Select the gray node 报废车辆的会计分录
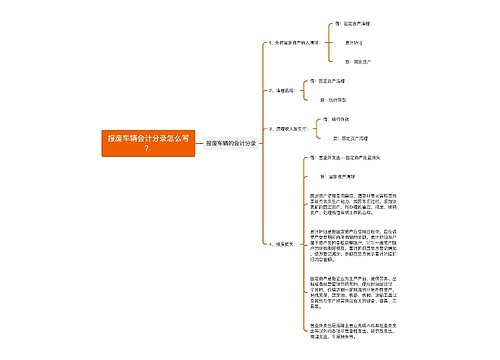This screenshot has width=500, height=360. [231, 144]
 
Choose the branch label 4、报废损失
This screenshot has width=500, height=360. [282, 243]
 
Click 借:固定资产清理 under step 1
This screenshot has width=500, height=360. [358, 22]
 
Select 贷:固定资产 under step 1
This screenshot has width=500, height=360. [355, 62]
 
